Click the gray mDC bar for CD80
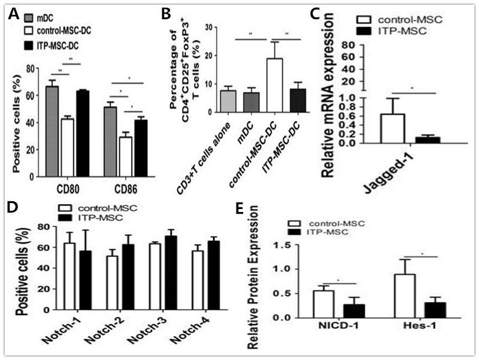click(x=52, y=129)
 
